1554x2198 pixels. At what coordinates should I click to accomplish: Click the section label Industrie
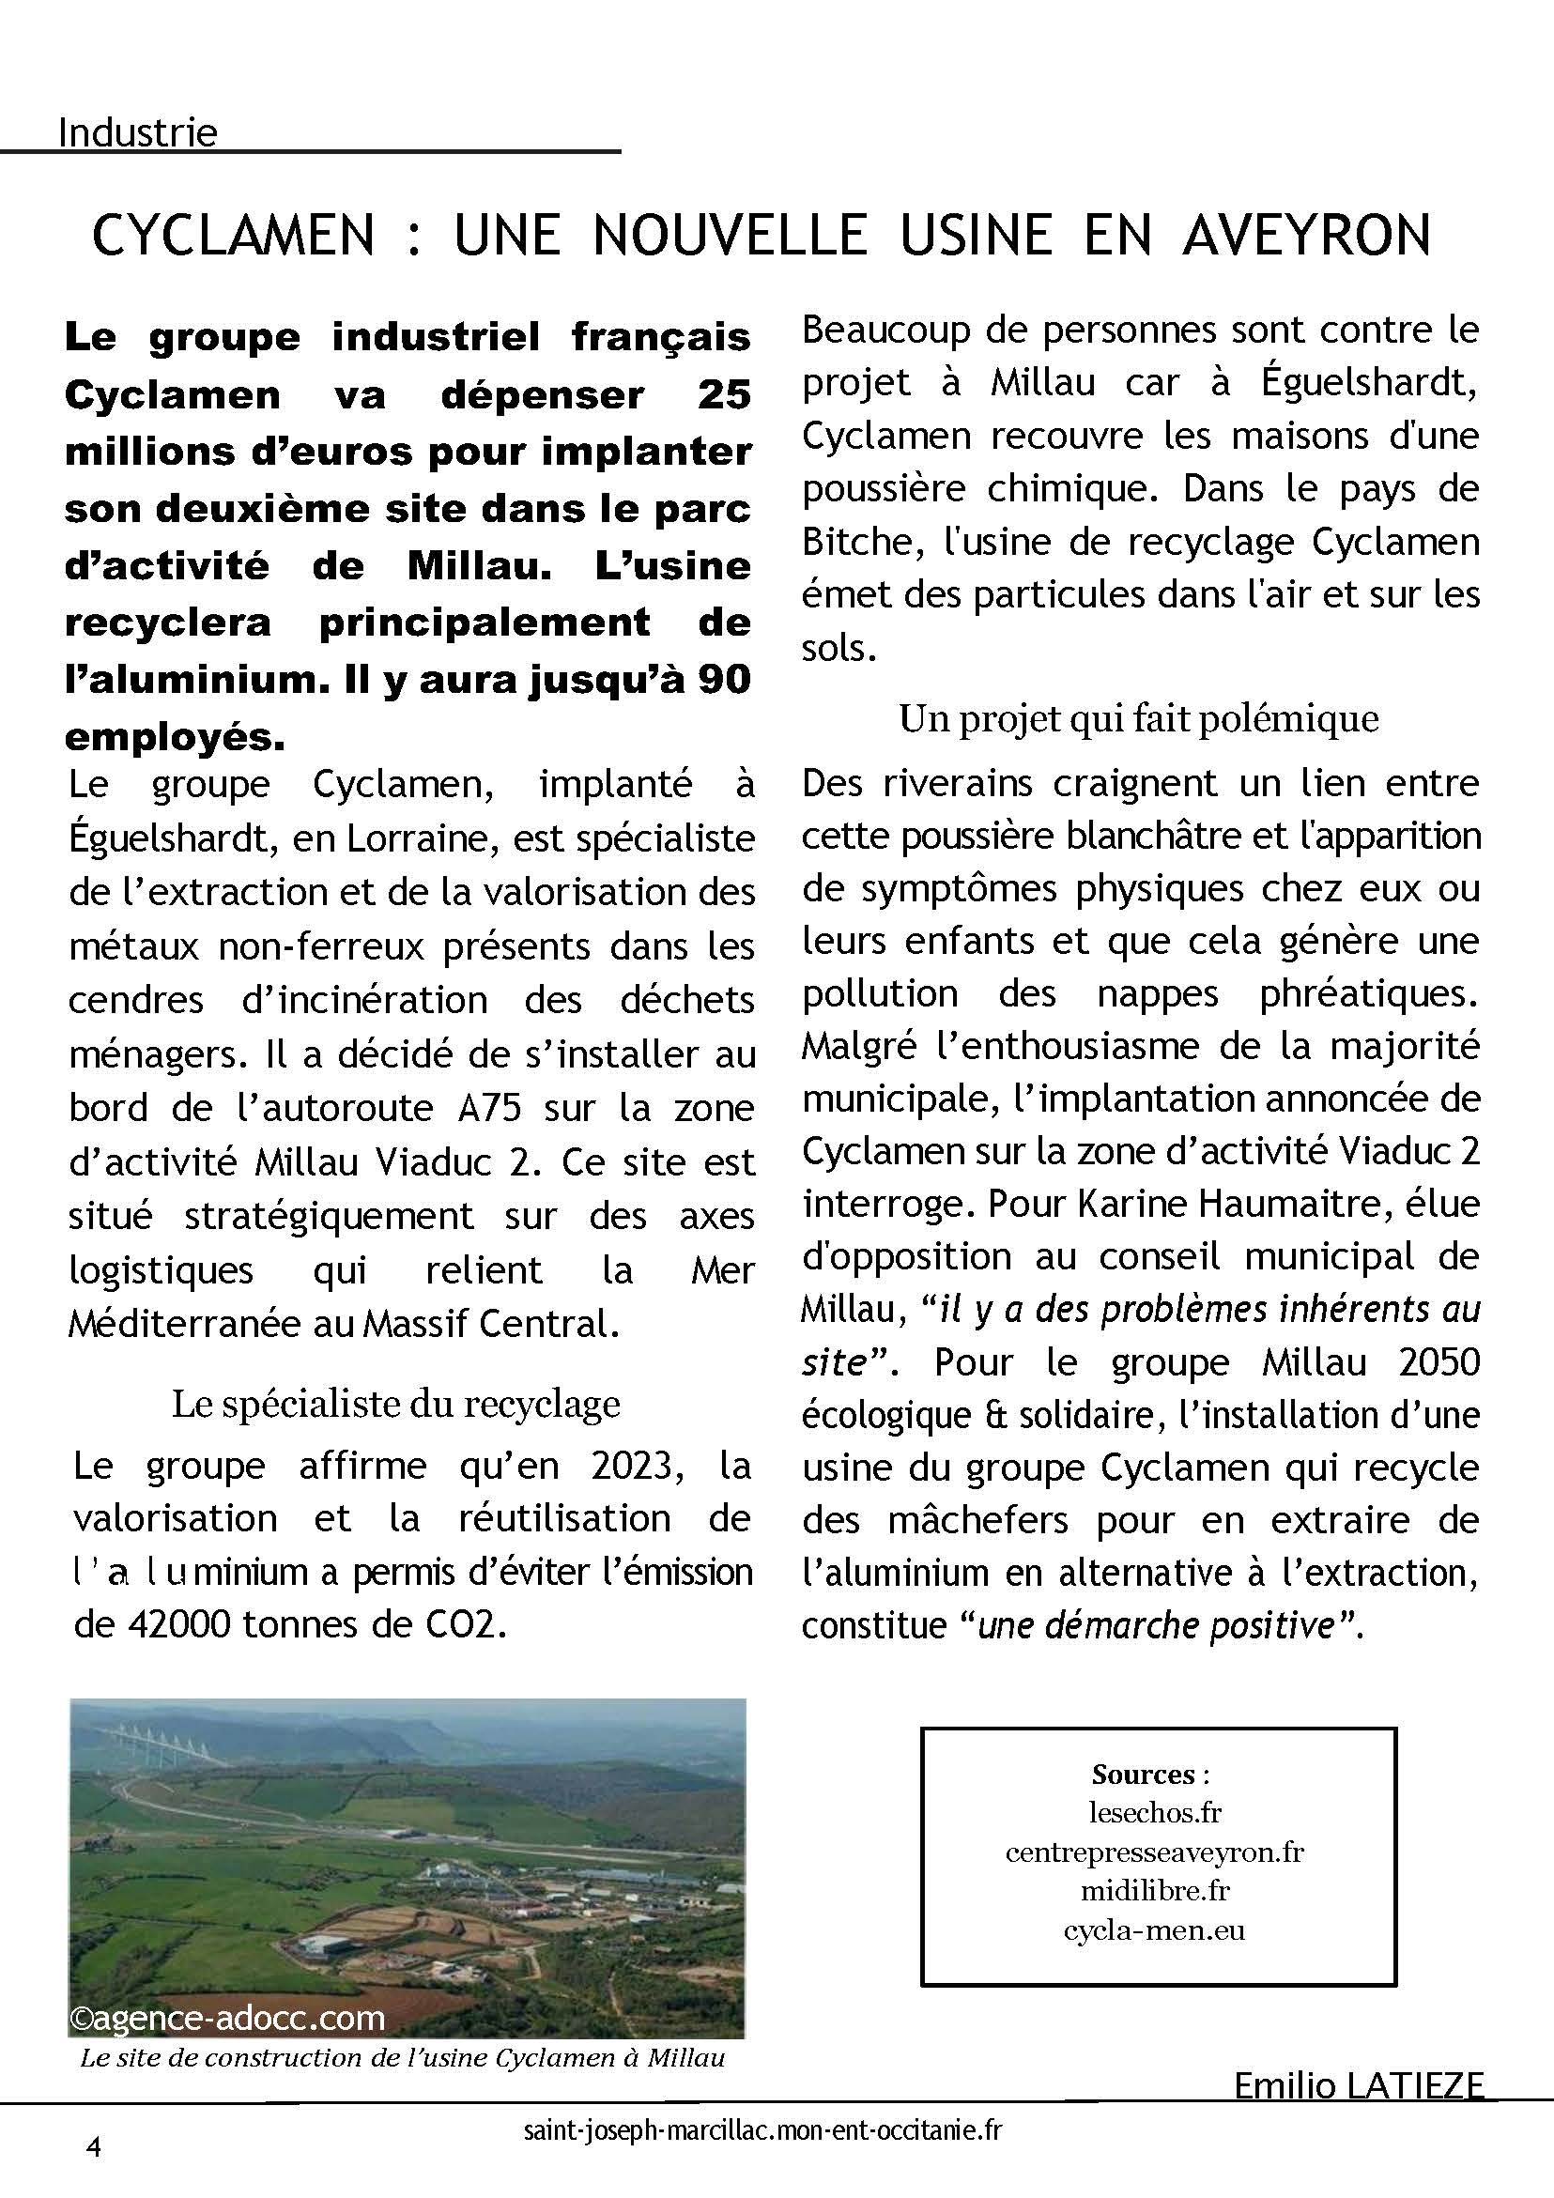[137, 132]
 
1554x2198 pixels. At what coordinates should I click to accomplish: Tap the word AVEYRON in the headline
[1306, 236]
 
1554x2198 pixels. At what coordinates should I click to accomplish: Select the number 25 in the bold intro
[724, 395]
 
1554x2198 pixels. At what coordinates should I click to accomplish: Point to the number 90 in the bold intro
[724, 680]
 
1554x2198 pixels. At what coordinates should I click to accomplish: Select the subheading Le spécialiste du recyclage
[395, 1404]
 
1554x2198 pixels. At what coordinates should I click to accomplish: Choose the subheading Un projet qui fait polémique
[1138, 718]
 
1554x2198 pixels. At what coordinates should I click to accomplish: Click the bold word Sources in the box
[1144, 1774]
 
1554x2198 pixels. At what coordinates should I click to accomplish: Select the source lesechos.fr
[1155, 1812]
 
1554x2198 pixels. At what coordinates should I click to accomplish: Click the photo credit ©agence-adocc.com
[227, 2018]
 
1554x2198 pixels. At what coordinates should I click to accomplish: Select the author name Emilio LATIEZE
[1358, 2084]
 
